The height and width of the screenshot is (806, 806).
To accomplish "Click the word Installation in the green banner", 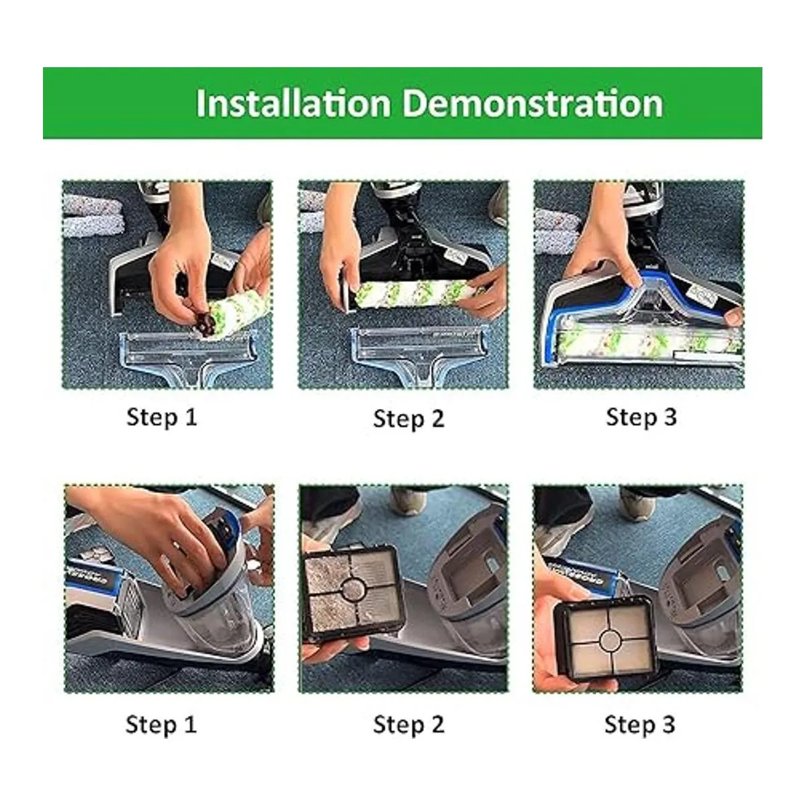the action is pyautogui.click(x=294, y=103).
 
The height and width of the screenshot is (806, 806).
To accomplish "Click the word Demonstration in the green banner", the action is pyautogui.click(x=533, y=103).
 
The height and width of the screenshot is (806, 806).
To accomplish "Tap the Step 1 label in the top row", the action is pyautogui.click(x=161, y=417).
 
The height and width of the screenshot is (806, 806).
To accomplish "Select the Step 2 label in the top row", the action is pyautogui.click(x=408, y=418).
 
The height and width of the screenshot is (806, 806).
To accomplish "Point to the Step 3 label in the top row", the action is pyautogui.click(x=641, y=417).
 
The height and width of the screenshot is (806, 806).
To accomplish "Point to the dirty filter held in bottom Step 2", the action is pyautogui.click(x=351, y=594).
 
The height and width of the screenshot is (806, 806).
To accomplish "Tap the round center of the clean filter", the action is pyautogui.click(x=610, y=639).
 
